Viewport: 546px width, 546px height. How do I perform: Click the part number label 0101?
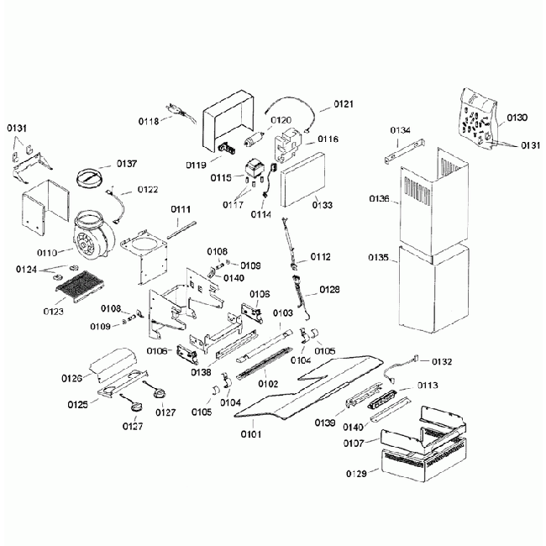coord(251,434)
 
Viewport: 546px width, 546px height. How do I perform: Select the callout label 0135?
coord(377,259)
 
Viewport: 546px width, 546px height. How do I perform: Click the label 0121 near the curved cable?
coord(343,104)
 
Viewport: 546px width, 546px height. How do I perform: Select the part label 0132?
coord(442,361)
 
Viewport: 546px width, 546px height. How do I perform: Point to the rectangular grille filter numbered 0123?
coord(83,287)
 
